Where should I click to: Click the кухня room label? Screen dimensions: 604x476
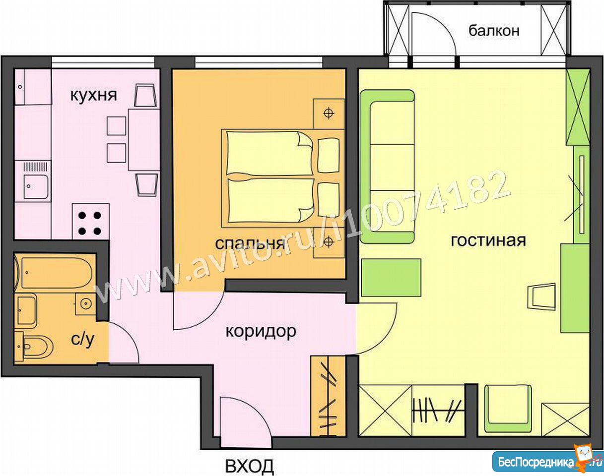click(x=93, y=96)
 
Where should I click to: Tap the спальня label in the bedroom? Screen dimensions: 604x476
click(x=250, y=243)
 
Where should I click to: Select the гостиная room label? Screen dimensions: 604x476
click(x=488, y=240)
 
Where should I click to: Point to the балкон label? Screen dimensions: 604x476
click(x=494, y=31)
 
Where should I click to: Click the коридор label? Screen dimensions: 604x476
click(x=261, y=332)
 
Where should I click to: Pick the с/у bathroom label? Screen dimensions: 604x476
click(x=82, y=340)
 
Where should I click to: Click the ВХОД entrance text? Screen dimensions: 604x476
click(x=250, y=466)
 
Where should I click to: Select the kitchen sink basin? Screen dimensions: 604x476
click(x=36, y=186)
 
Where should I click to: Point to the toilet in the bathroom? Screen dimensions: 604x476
click(x=35, y=347)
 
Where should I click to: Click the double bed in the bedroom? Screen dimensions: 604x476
click(x=282, y=178)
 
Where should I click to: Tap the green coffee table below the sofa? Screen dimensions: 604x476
click(x=391, y=277)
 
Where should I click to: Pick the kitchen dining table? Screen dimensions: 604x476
click(x=144, y=140)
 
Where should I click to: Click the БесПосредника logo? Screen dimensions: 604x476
click(x=547, y=463)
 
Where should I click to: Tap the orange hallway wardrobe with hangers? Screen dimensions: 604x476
click(x=328, y=396)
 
